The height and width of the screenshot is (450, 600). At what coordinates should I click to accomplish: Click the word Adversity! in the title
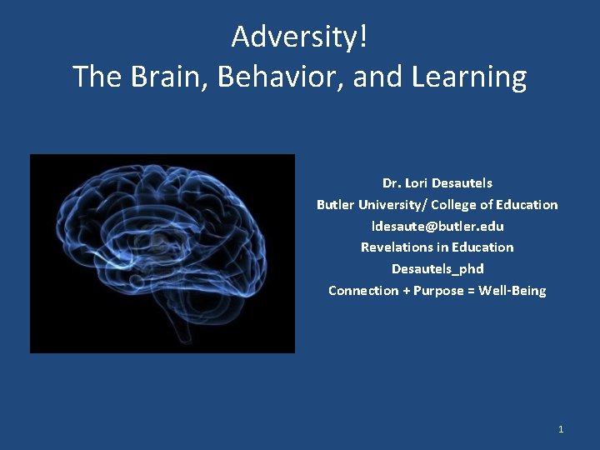(x=299, y=37)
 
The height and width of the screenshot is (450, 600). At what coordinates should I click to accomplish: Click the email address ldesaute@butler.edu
(x=437, y=226)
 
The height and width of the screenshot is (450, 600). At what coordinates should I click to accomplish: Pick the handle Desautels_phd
(x=437, y=269)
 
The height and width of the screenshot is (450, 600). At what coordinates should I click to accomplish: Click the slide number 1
(x=561, y=429)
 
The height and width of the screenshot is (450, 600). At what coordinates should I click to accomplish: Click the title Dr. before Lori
(x=390, y=182)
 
